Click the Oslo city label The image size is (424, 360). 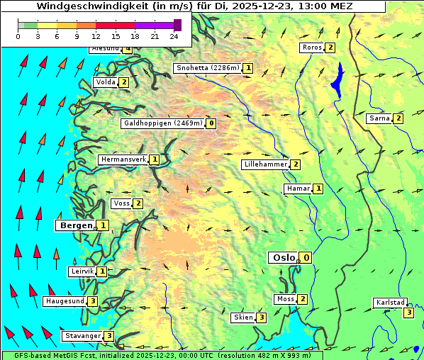(x=283, y=257)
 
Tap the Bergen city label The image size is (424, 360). (x=76, y=225)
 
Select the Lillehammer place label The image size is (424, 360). (x=266, y=164)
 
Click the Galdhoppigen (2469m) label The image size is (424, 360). (x=163, y=123)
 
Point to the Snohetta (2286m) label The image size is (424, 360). (x=207, y=68)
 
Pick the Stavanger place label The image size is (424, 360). (x=82, y=336)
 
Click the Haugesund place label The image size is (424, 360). (x=65, y=301)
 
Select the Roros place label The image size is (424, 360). (x=312, y=47)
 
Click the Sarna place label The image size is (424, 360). (x=379, y=118)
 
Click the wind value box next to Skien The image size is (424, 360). (x=262, y=317)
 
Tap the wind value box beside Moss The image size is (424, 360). (x=303, y=299)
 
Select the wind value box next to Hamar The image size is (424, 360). (x=318, y=189)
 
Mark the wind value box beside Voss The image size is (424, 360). (x=138, y=204)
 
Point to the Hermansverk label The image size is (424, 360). (x=123, y=159)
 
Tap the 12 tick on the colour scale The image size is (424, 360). (x=96, y=36)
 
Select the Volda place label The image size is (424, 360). (x=105, y=82)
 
